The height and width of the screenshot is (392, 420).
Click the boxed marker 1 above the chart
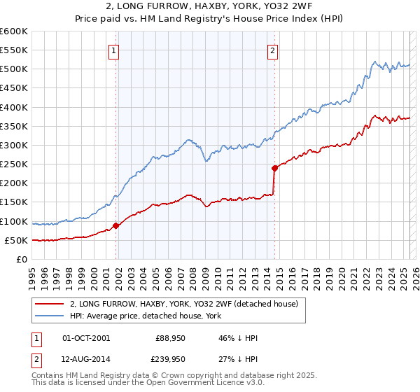click(x=113, y=50)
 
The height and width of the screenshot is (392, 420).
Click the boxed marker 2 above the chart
click(x=272, y=50)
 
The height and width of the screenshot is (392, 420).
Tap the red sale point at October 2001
click(x=116, y=225)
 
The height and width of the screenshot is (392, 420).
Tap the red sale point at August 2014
click(x=275, y=168)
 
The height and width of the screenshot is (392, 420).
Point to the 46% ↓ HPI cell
click(x=238, y=338)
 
